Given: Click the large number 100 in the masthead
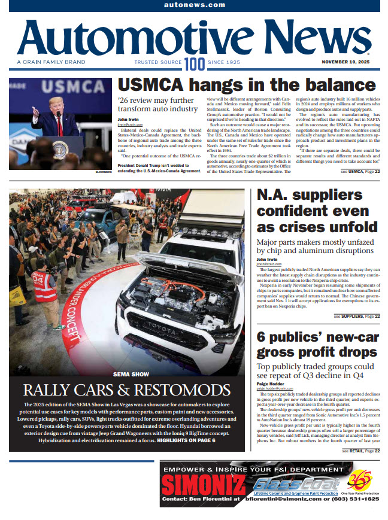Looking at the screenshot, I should [194, 64].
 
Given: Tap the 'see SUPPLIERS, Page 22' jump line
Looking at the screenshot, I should [356, 316].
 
